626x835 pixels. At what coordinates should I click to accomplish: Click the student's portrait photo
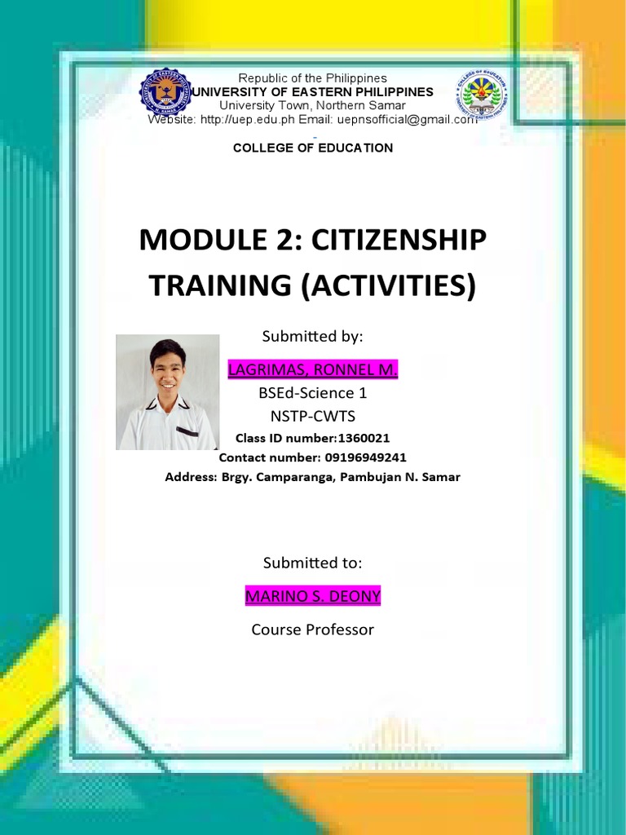tap(167, 392)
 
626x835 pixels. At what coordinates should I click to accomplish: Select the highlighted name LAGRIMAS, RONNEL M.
tap(313, 370)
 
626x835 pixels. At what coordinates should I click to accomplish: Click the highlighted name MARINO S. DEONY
tap(313, 596)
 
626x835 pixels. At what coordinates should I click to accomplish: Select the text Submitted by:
tap(313, 336)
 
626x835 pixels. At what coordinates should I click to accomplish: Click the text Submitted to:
tap(313, 563)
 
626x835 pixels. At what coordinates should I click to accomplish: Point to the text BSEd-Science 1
tap(313, 393)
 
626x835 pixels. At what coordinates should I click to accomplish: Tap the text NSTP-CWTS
tap(313, 416)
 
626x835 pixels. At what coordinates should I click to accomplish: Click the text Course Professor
tap(313, 630)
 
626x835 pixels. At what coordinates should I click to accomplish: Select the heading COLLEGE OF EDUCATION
tap(313, 148)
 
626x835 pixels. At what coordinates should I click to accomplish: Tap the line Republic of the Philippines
tap(312, 78)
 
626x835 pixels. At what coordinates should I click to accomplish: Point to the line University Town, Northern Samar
tap(312, 106)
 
